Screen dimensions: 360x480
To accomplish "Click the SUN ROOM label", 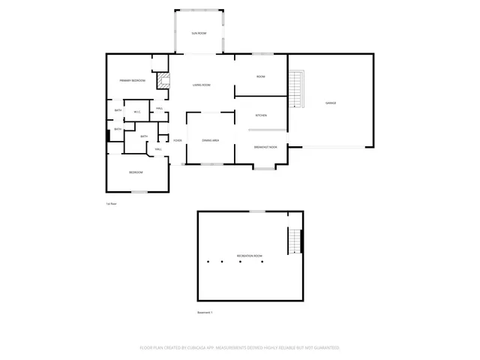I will click(198, 34).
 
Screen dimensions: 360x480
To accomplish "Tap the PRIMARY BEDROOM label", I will click(132, 80).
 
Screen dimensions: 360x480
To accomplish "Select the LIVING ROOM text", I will click(201, 85).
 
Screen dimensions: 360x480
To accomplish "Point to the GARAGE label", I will click(330, 102).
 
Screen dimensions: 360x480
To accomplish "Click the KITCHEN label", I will click(261, 115).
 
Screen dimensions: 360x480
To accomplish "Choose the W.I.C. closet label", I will click(137, 112).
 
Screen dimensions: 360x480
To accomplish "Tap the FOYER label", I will click(178, 140).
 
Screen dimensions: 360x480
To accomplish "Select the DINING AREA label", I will click(210, 140).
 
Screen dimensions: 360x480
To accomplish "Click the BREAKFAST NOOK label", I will click(265, 147).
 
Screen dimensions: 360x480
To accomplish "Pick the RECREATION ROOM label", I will click(250, 256).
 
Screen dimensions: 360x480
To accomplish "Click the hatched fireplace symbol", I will click(161, 81).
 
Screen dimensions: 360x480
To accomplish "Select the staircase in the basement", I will click(295, 241).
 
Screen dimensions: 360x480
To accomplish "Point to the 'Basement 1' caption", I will click(205, 313).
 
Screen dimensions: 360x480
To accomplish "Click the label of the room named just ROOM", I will click(261, 77).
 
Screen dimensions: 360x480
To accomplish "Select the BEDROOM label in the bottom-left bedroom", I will click(136, 172).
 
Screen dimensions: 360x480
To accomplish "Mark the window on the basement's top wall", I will click(257, 211).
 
